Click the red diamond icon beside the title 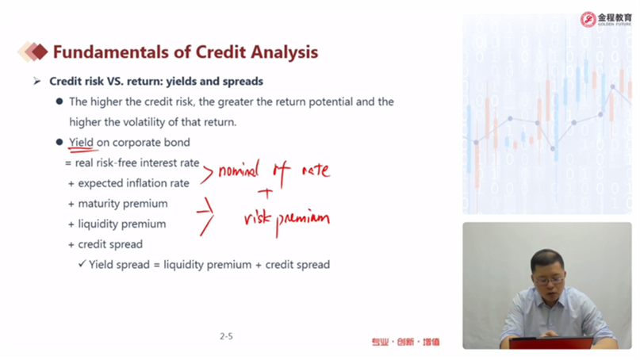point(39,52)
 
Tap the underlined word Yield point(81,143)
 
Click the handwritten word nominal point(239,169)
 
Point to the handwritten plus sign point(266,193)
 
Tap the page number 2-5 point(226,336)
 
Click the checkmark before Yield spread point(82,264)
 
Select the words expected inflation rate point(133,183)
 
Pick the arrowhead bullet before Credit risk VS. point(37,81)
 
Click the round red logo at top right point(588,19)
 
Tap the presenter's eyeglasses point(550,280)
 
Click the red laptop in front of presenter point(551,343)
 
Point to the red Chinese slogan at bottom point(405,342)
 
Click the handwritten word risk point(257,218)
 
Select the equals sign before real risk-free point(67,163)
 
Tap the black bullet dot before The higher point(59,101)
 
